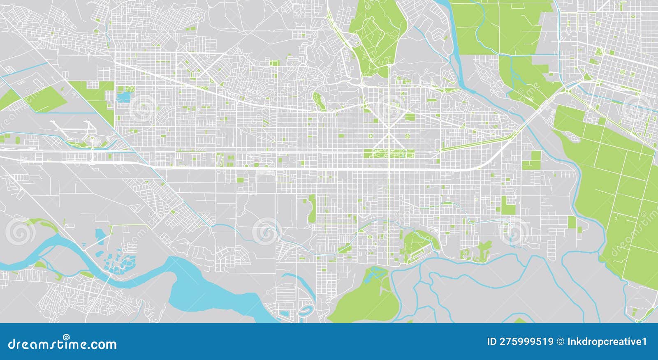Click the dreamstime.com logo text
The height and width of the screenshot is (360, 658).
(63, 344)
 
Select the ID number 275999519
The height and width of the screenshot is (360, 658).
(520, 342)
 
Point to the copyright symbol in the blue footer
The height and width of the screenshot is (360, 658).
(560, 342)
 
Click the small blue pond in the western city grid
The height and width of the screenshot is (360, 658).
(123, 97)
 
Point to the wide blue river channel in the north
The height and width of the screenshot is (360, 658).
(454, 45)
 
